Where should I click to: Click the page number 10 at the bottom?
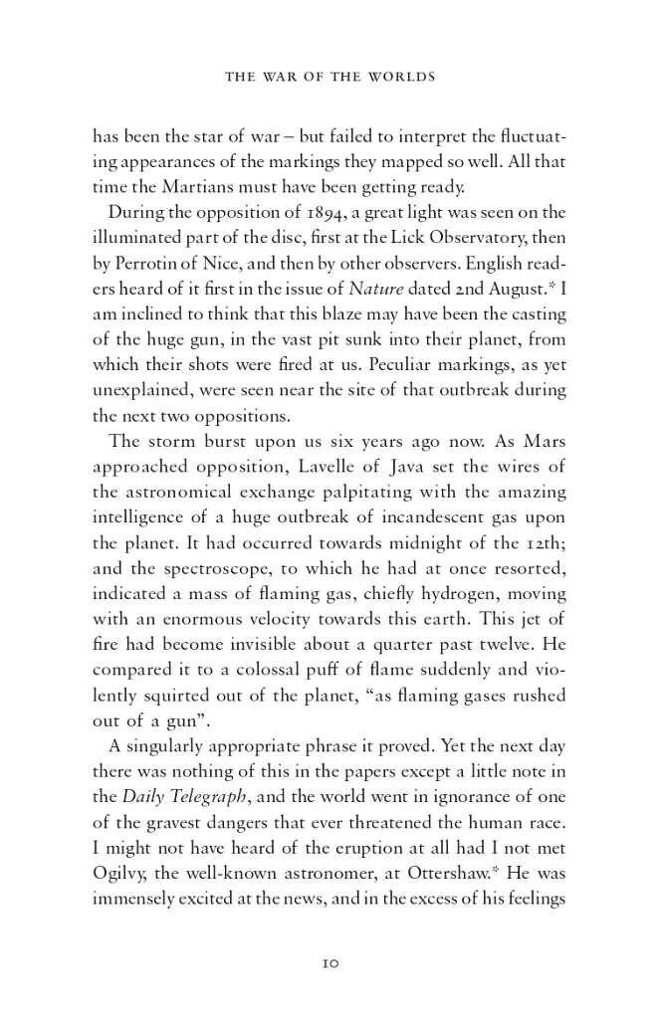click(331, 963)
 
